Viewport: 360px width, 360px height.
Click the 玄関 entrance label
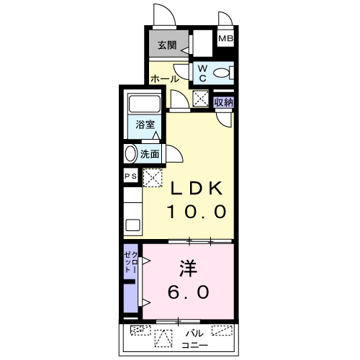(x=167, y=45)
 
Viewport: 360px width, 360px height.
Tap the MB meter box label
(x=225, y=38)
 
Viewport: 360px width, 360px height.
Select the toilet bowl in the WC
(x=222, y=73)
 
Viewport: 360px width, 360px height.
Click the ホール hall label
(x=165, y=78)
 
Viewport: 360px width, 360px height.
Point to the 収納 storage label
(x=223, y=102)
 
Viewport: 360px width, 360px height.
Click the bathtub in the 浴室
(x=145, y=104)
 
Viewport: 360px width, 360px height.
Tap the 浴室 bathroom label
(x=145, y=125)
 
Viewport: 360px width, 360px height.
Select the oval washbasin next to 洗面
(x=130, y=153)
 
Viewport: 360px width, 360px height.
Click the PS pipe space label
(x=131, y=176)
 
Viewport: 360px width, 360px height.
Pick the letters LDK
(x=197, y=189)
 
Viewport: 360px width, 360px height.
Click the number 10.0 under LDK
(x=197, y=212)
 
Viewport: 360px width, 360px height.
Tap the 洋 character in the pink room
(x=189, y=268)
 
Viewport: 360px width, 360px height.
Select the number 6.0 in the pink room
(x=189, y=292)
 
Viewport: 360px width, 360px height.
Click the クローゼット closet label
(x=131, y=262)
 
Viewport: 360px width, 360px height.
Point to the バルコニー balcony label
(x=194, y=339)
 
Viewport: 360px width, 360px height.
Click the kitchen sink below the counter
(x=132, y=225)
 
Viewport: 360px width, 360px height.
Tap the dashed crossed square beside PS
(x=153, y=178)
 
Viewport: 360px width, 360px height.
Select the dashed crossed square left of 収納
(x=201, y=98)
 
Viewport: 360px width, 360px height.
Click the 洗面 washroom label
(x=150, y=154)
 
